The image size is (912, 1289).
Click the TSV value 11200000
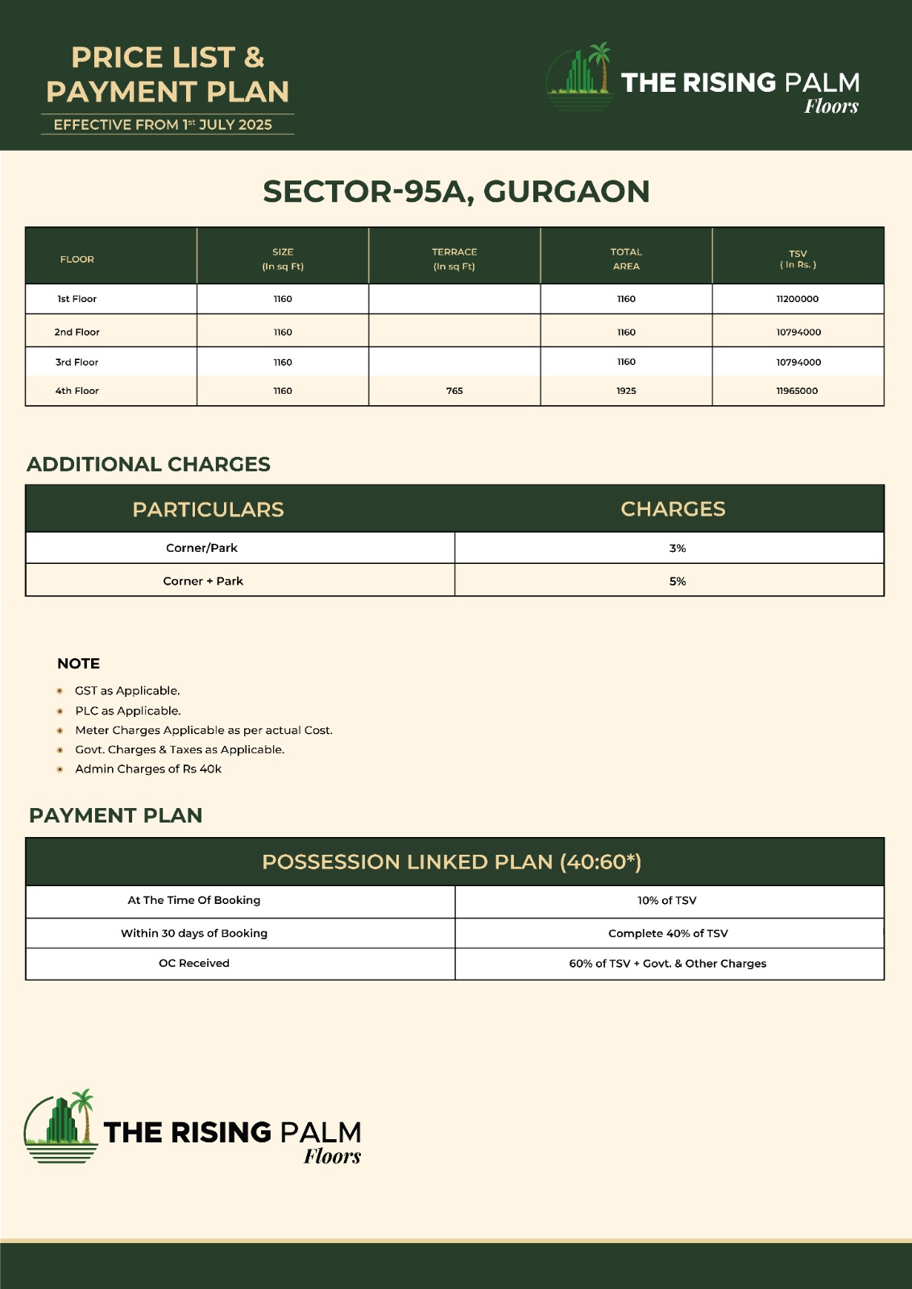(797, 299)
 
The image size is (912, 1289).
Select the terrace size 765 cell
(454, 391)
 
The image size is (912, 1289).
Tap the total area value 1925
(626, 391)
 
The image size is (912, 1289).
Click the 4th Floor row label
(77, 391)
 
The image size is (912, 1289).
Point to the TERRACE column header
(454, 259)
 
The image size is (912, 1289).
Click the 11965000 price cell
(797, 391)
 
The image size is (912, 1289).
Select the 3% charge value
(678, 548)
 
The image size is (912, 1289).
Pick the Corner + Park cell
(203, 581)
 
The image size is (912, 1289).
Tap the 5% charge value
(678, 581)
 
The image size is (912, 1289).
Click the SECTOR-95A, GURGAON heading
(456, 192)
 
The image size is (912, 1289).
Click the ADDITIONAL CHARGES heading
(148, 464)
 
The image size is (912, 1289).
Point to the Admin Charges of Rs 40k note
(148, 769)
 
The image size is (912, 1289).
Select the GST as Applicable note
(127, 690)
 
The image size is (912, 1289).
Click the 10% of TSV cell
(667, 901)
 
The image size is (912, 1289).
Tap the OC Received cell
(194, 964)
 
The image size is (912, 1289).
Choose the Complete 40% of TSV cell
(668, 933)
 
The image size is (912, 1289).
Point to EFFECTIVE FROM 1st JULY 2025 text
(163, 125)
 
